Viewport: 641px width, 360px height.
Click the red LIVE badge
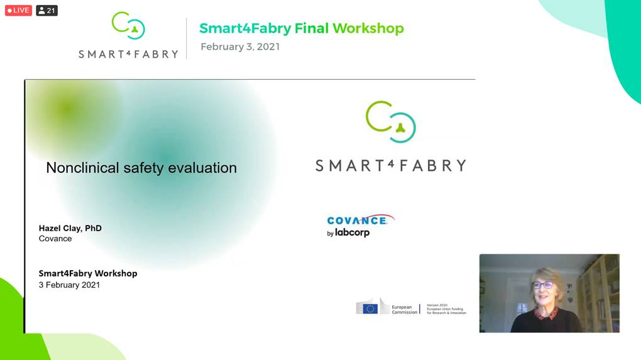pos(18,11)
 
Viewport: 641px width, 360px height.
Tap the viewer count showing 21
pos(47,11)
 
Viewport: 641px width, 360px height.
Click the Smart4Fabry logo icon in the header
pos(128,26)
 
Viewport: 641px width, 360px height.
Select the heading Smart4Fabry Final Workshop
pos(301,28)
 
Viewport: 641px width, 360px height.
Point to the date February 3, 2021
pos(240,46)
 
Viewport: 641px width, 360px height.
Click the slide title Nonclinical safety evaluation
pos(141,168)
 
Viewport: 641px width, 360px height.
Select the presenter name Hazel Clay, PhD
pos(70,228)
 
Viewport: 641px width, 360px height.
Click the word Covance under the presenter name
pos(55,239)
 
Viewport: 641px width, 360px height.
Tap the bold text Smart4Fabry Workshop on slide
pos(88,273)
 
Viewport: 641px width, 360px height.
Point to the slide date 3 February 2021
pos(69,285)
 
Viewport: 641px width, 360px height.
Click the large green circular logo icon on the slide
pos(390,122)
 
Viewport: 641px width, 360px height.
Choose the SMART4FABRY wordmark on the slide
pos(390,166)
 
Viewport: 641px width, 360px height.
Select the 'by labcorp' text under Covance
pos(348,233)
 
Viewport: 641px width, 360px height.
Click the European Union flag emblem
pos(370,308)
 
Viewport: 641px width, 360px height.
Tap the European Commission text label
pos(404,309)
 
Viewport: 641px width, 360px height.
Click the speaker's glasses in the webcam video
pos(541,285)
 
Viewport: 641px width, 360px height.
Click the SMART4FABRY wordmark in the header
pos(128,55)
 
